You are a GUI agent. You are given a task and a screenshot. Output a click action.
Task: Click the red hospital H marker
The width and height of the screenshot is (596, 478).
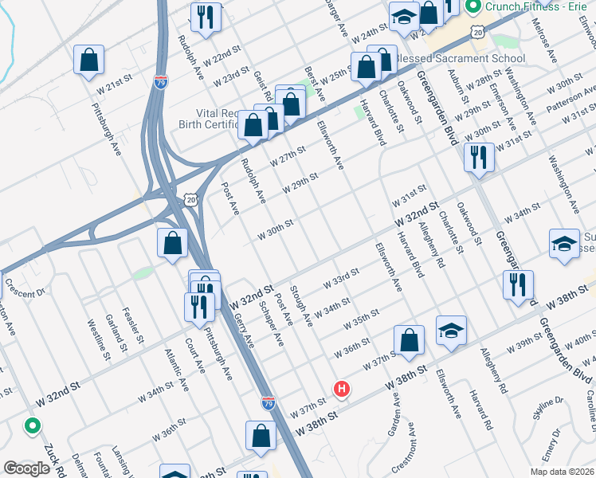342,389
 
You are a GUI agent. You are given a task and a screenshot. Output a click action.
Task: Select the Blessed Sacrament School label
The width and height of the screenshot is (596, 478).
461,58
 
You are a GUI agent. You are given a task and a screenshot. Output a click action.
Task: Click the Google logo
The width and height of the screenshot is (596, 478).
27,468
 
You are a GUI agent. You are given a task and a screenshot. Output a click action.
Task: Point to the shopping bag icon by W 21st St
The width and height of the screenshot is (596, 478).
89,61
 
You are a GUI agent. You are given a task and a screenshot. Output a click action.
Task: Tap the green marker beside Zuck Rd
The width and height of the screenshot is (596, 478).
33,425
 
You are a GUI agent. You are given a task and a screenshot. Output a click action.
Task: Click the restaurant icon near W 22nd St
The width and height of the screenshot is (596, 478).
206,18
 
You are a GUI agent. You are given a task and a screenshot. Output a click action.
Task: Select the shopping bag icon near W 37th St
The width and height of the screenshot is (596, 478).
409,340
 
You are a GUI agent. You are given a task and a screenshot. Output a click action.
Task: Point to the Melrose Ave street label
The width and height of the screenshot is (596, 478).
549,39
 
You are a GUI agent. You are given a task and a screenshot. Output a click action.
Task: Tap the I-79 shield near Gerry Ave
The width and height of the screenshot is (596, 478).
268,404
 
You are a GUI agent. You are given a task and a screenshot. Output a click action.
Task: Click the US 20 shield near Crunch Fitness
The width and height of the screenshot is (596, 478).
477,31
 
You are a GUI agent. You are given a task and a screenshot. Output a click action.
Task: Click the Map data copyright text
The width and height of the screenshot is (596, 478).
560,471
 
